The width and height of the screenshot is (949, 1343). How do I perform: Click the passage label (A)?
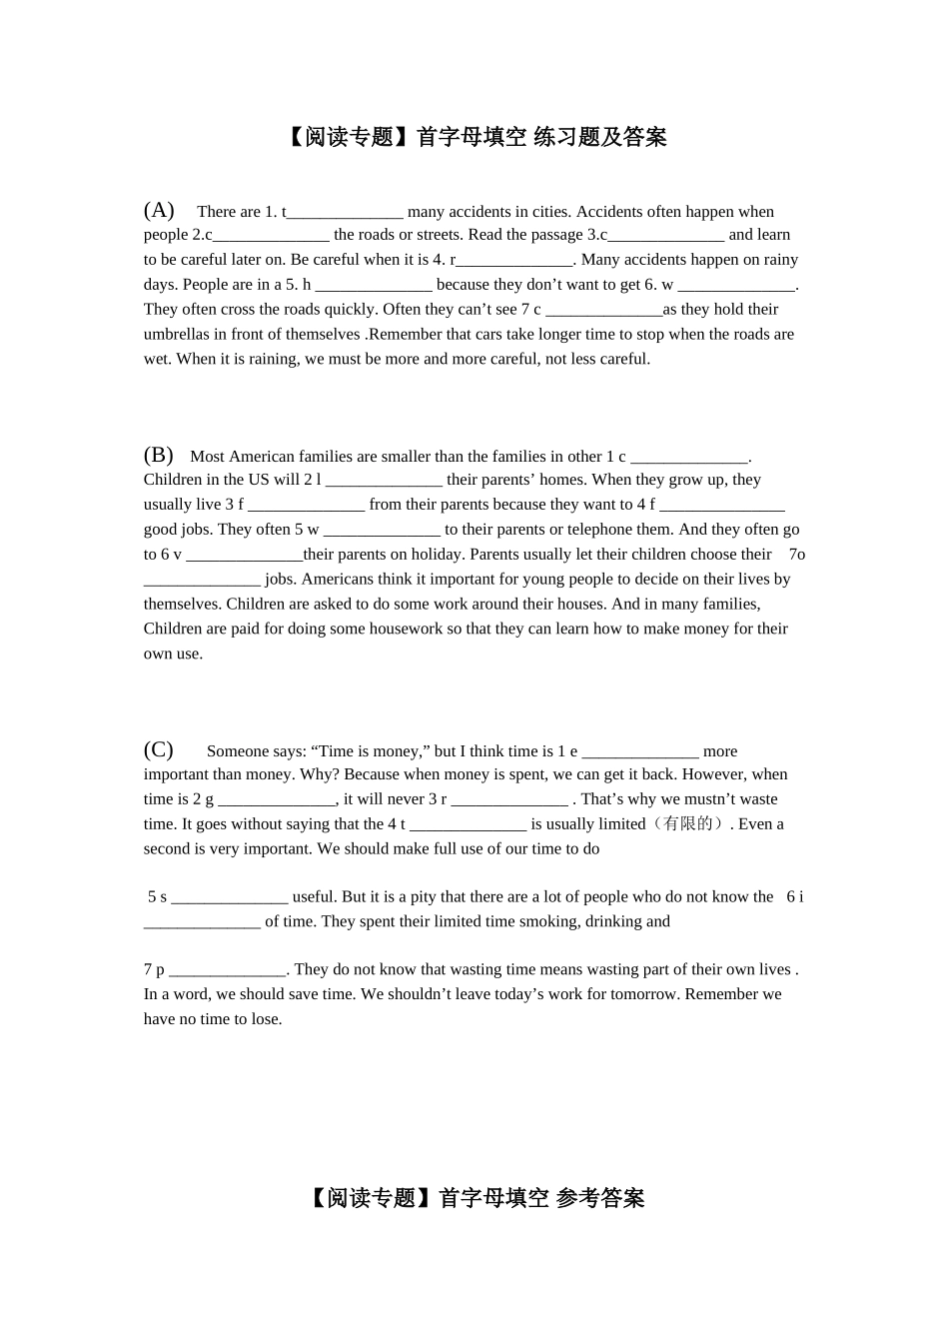159,210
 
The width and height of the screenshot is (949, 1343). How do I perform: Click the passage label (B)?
159,455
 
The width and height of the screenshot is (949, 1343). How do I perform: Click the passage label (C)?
159,749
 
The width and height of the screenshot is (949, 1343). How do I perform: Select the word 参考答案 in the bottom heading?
600,1198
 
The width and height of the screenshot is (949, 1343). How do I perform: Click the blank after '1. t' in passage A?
345,213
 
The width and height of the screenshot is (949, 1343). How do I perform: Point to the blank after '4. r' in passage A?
514,261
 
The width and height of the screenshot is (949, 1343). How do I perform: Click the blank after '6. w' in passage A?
736,286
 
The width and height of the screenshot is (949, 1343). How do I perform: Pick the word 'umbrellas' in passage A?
176,335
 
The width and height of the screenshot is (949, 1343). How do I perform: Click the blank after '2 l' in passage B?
384,481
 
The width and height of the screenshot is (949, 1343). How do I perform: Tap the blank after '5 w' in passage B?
382,531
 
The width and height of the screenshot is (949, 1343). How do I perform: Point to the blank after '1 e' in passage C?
639,752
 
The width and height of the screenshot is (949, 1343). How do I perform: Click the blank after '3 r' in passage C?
509,800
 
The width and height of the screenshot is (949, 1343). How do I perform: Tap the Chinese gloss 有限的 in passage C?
689,824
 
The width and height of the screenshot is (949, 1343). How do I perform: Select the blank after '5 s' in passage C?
230,898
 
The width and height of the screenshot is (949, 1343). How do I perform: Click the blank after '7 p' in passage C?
228,970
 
